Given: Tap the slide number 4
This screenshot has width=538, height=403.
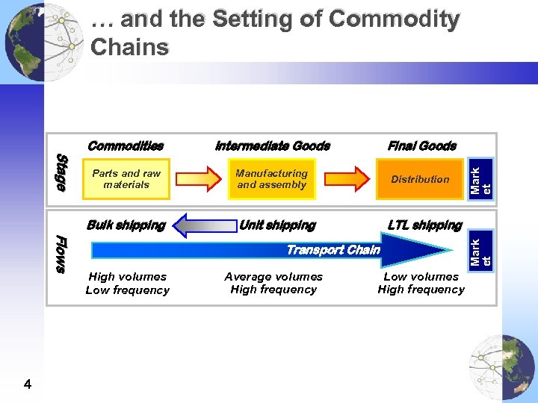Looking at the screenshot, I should pos(28,384).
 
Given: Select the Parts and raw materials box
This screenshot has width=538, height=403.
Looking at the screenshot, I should pos(126,179).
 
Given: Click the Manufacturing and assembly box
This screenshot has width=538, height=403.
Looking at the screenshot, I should pos(272,179).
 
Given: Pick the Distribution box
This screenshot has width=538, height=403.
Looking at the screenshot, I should pos(420,179).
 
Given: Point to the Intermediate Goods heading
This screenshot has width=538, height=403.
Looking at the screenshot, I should pos(272,146).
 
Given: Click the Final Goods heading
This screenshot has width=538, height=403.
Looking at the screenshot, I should pos(421,146).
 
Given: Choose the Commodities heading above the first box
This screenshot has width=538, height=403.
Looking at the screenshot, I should pos(125,146).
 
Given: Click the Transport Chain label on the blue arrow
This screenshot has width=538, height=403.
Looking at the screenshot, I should pos(333,250).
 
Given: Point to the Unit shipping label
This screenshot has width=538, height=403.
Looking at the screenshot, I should pos(277,225).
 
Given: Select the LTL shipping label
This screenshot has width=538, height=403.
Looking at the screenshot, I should pos(424,225).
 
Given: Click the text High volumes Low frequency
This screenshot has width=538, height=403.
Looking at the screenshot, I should pos(127,283).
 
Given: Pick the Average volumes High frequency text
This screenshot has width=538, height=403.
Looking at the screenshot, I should pos(273,283).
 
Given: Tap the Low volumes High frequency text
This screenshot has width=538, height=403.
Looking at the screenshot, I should pos(421,283).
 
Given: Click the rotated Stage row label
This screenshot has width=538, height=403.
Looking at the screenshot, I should pos(64,172).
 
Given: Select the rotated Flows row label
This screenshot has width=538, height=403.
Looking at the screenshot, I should pos(64,254).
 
